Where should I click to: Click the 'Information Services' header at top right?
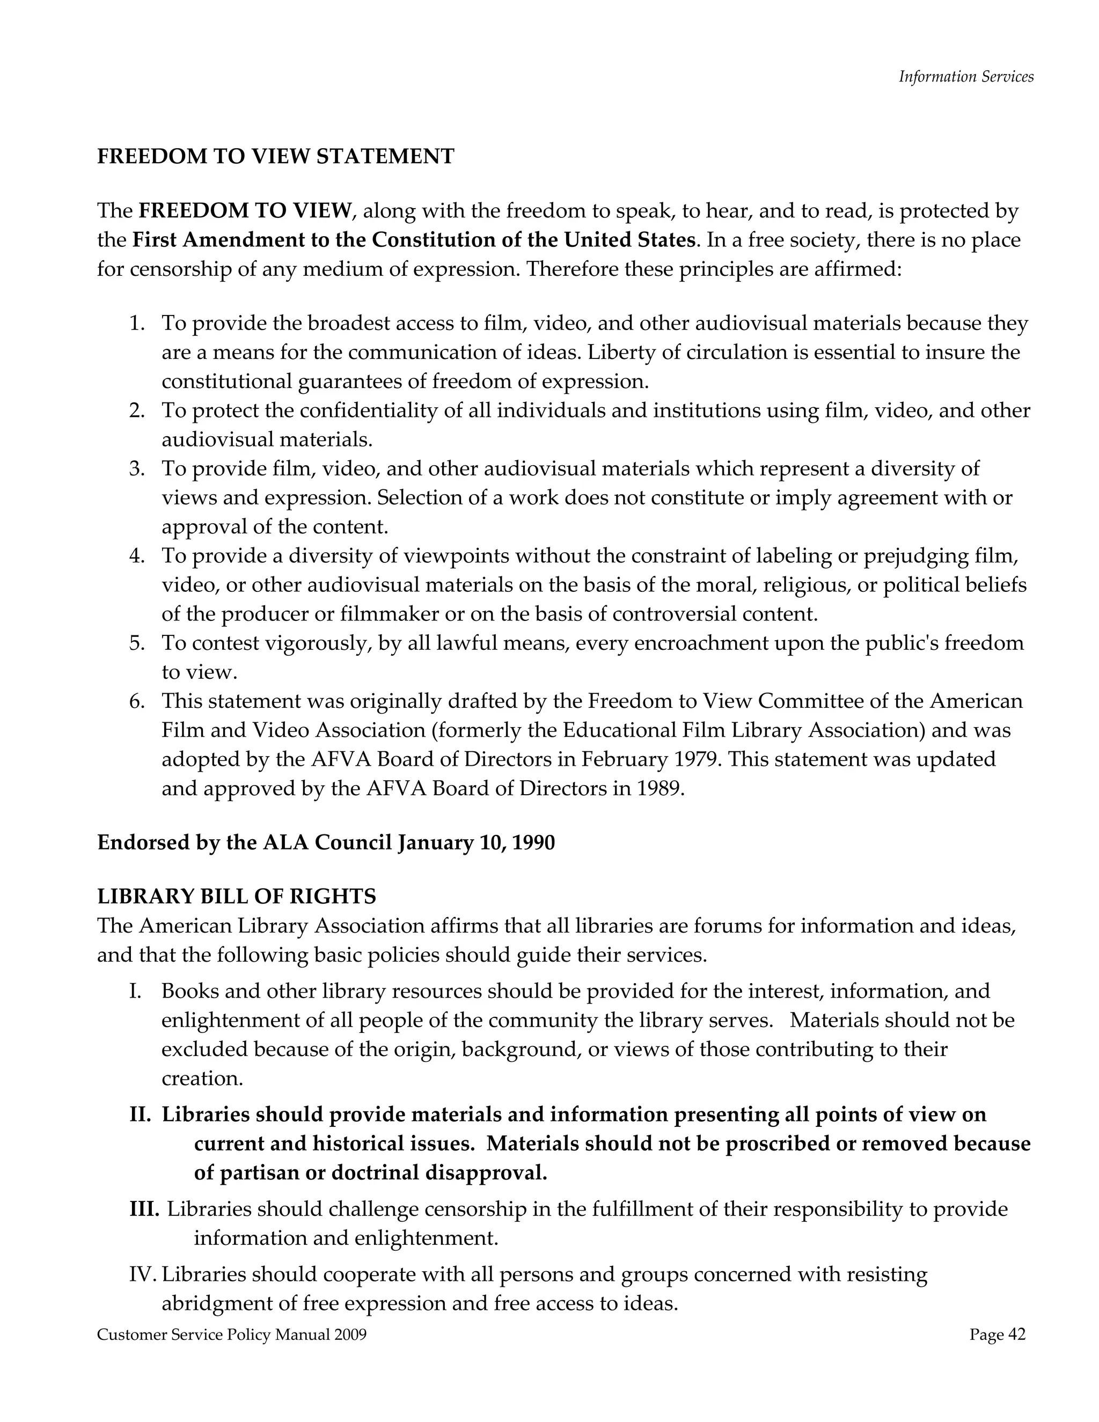click(965, 77)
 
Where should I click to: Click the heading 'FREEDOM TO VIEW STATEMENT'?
click(275, 156)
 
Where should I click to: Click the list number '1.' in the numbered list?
click(137, 324)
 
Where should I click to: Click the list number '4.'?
click(137, 556)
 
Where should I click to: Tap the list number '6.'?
click(137, 701)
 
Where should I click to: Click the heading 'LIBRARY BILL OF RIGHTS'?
click(236, 897)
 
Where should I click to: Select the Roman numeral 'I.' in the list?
click(135, 992)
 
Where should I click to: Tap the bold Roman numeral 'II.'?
click(140, 1115)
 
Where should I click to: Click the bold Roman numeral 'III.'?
click(144, 1209)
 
